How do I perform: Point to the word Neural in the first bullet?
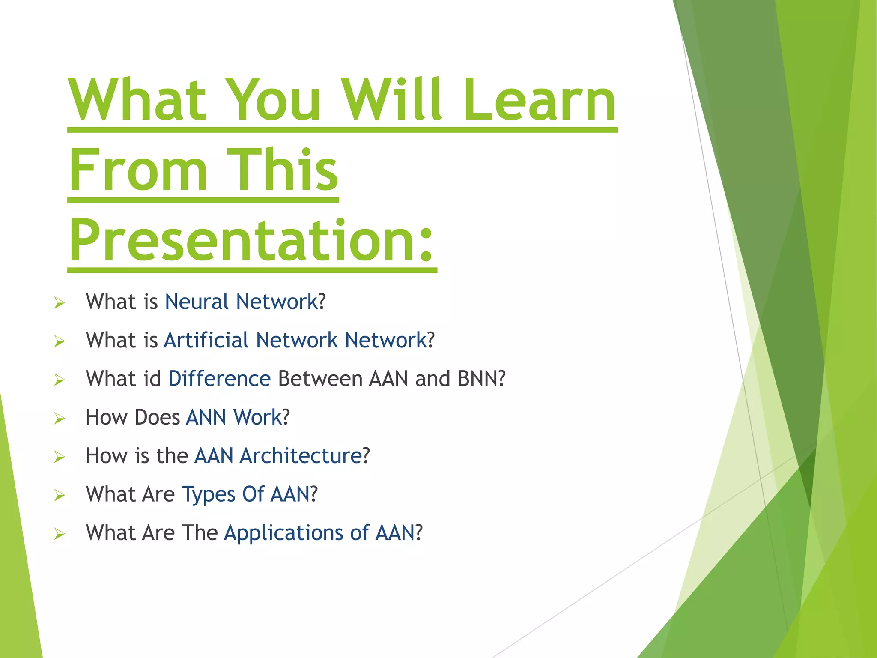point(197,302)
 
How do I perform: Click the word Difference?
point(219,379)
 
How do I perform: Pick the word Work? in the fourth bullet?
point(262,417)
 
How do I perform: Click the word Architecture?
point(304,456)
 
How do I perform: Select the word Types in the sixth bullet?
point(208,494)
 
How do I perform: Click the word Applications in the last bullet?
point(283,533)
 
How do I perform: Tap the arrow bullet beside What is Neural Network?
point(60,303)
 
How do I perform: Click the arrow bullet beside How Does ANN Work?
point(60,419)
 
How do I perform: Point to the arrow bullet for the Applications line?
point(60,534)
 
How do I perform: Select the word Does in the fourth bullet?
point(157,417)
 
